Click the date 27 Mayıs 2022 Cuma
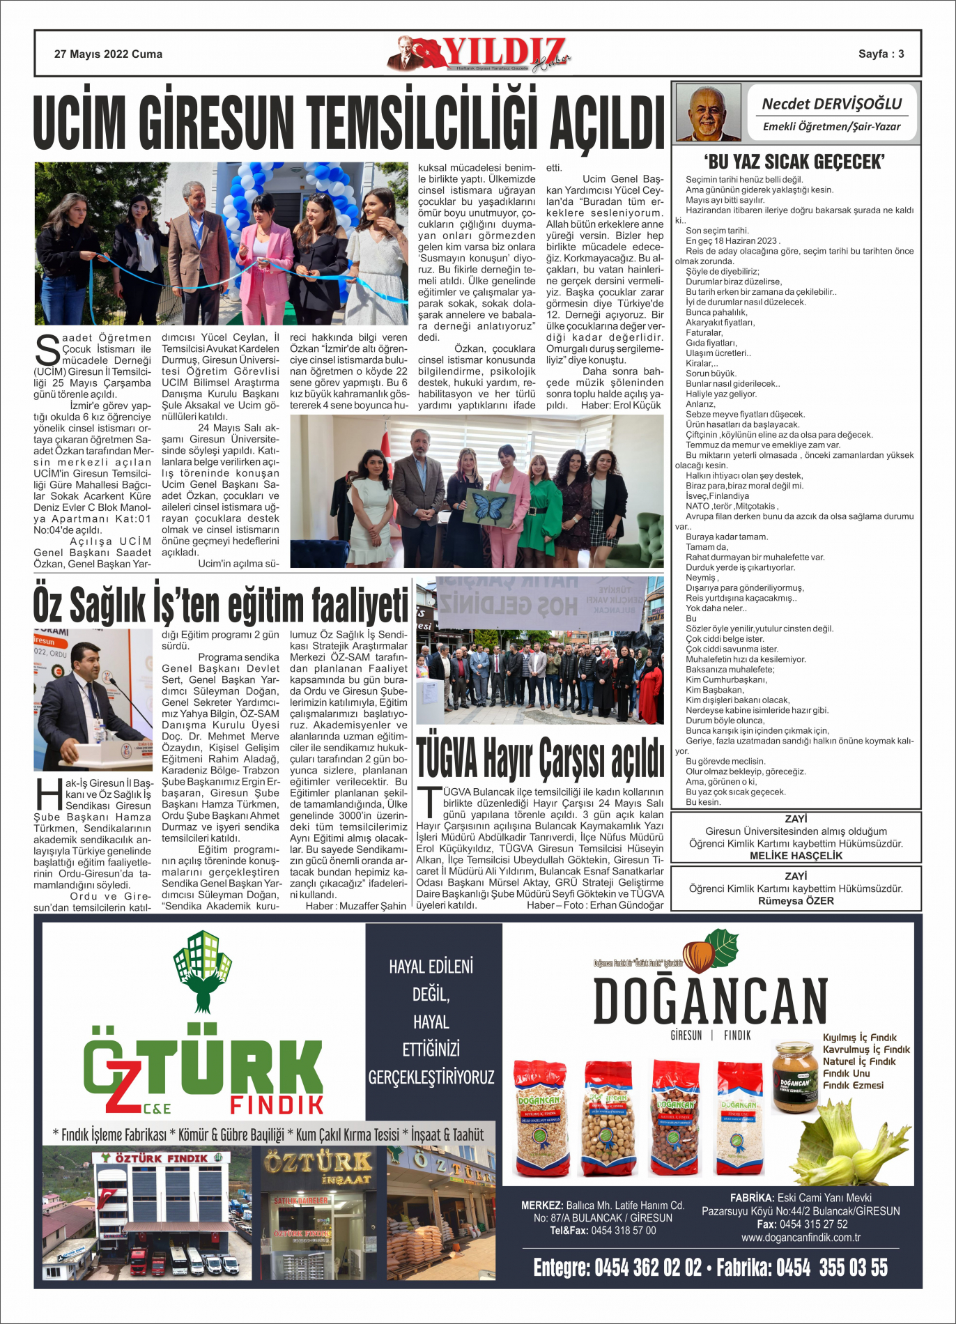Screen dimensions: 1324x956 click(108, 54)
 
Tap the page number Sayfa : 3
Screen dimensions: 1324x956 click(881, 54)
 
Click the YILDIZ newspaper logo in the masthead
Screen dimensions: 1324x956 click(488, 54)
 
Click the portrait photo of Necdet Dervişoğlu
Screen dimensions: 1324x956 click(707, 113)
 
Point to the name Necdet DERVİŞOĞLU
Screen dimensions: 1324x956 click(831, 104)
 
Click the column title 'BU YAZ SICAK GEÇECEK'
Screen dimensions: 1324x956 click(794, 162)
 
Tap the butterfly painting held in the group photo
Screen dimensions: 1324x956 click(491, 506)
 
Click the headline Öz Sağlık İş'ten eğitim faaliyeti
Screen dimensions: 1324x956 click(220, 603)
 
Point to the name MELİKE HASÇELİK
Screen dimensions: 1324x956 click(796, 856)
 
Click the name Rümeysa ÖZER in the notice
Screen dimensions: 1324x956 click(796, 901)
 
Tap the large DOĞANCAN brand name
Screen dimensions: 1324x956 click(710, 1001)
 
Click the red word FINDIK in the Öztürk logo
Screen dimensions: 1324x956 click(277, 1104)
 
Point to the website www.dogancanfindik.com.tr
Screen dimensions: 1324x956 click(801, 1238)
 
